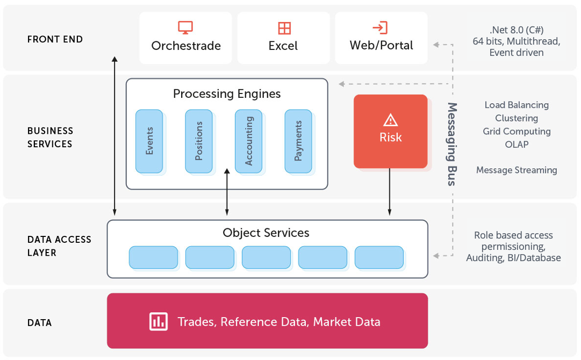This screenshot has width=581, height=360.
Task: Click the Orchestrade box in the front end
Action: (x=185, y=38)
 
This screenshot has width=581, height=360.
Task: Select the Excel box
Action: (x=283, y=38)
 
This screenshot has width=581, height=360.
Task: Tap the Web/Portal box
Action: (x=381, y=38)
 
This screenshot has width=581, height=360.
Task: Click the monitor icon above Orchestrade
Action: (x=185, y=27)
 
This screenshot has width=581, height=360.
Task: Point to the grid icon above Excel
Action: (x=284, y=28)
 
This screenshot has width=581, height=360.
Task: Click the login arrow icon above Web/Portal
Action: (x=380, y=27)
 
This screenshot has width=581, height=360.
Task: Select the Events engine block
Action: (x=149, y=141)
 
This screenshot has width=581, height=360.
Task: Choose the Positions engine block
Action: (x=199, y=141)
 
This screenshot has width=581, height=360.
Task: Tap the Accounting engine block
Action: (x=248, y=141)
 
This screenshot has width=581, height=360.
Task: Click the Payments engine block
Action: (x=298, y=141)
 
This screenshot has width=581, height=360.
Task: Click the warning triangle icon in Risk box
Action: (x=390, y=120)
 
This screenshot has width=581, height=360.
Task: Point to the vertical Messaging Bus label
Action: (x=452, y=144)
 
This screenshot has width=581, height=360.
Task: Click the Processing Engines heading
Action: (x=227, y=94)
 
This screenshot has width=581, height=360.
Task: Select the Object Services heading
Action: (x=266, y=233)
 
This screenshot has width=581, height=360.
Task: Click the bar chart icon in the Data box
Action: (x=159, y=321)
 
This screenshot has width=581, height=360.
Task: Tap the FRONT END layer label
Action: (x=55, y=39)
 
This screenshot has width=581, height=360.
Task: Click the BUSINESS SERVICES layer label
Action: (x=50, y=137)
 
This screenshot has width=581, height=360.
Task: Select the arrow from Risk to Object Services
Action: (x=390, y=192)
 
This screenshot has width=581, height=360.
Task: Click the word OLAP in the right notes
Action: (x=517, y=144)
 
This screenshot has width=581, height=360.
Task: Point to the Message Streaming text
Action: (x=517, y=170)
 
